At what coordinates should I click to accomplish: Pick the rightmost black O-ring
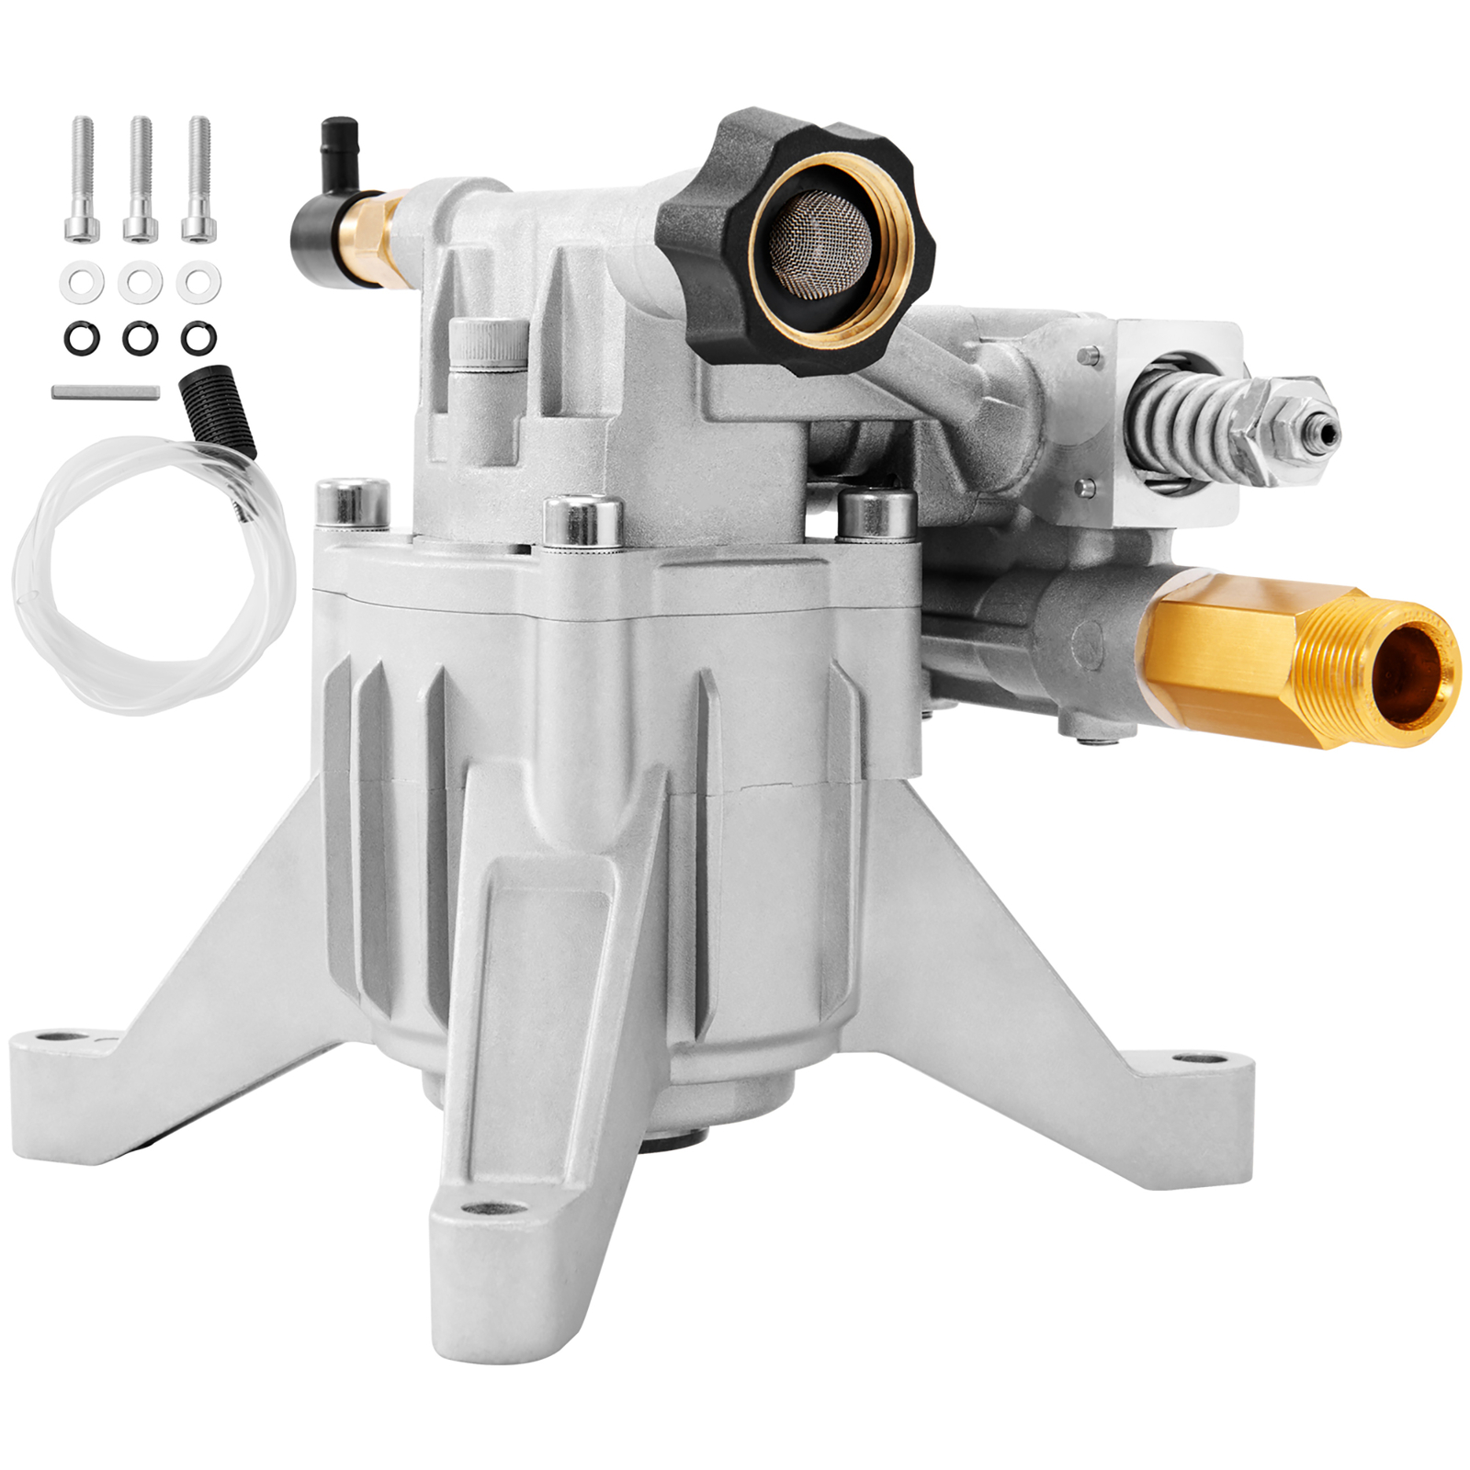point(198,338)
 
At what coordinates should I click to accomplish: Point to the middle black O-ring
point(140,338)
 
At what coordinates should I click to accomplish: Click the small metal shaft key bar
point(106,391)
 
